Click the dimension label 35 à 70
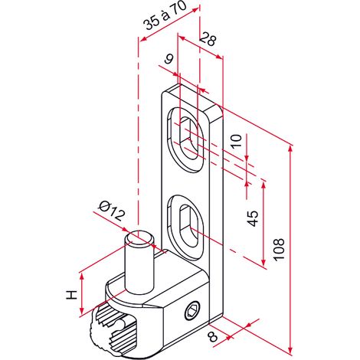166,16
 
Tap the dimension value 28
208,39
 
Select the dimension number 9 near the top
169,59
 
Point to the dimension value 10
237,141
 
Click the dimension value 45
254,218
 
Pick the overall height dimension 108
279,249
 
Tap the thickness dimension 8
212,337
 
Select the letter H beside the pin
71,295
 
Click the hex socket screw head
191,310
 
